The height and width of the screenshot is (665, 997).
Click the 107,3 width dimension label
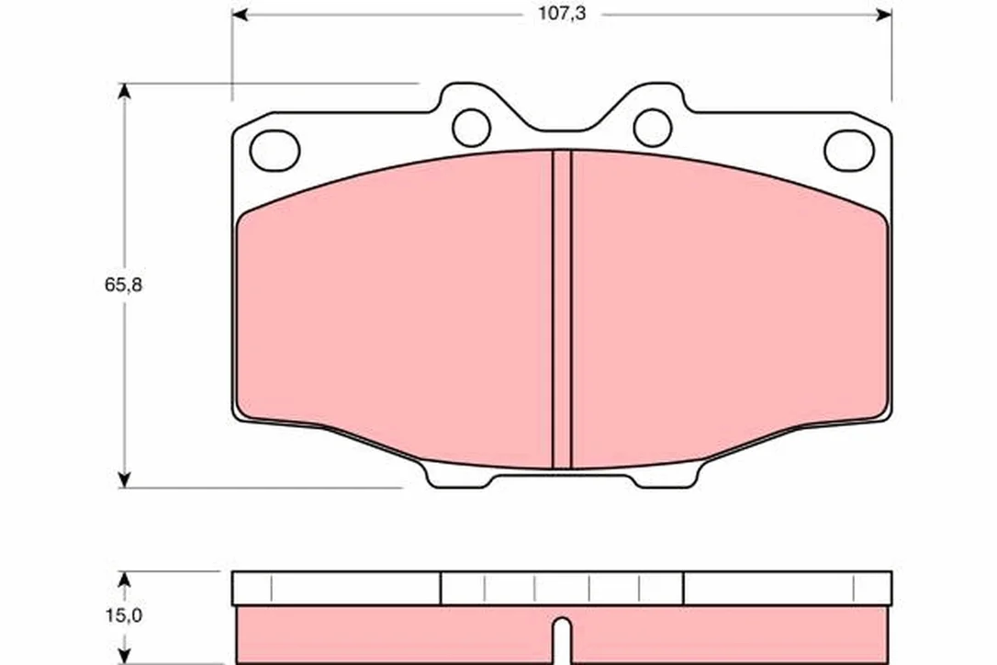pos(562,14)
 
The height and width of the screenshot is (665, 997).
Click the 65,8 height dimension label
pos(123,285)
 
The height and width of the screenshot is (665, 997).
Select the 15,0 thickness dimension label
pos(123,615)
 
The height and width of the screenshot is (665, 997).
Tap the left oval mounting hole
pos(274,151)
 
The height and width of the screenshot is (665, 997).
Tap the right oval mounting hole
pos(849,151)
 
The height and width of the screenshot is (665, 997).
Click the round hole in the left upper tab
pos(471,128)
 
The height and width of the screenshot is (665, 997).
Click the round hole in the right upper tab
pos(653,128)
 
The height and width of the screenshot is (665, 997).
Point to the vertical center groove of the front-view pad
pos(562,310)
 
